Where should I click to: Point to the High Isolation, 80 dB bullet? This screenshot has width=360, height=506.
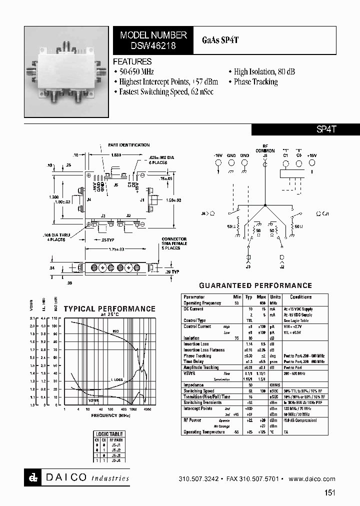261,71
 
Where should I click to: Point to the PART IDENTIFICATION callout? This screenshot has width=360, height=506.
128,145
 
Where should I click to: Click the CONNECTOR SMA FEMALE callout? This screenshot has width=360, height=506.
174,243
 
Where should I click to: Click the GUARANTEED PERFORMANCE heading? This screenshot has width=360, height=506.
255,285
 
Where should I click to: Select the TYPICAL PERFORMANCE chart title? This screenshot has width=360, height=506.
109,309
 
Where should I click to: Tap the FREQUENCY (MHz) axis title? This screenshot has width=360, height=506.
111,415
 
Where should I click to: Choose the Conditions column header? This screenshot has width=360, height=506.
300,297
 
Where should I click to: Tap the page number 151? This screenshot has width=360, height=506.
329,493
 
